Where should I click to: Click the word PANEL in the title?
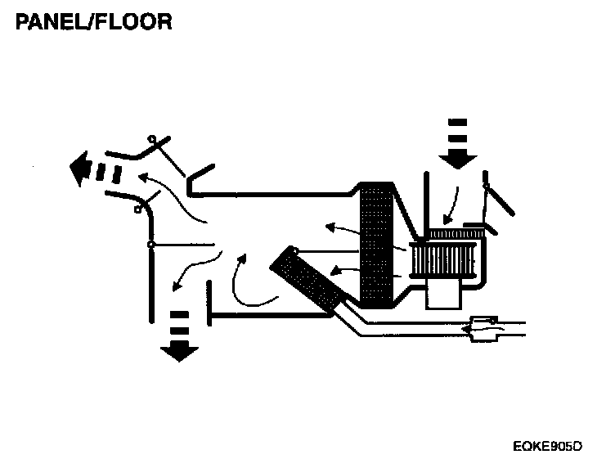tap(51, 21)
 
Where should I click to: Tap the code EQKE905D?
tap(547, 446)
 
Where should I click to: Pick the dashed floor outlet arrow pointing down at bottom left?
tap(179, 335)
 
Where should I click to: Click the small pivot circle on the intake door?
tap(486, 187)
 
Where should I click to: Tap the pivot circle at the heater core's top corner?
tap(294, 251)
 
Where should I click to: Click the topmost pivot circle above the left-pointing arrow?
tap(150, 140)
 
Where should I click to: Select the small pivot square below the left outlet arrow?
tap(139, 209)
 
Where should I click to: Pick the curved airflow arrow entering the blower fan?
tap(451, 205)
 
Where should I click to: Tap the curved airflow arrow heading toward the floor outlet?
tap(192, 268)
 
